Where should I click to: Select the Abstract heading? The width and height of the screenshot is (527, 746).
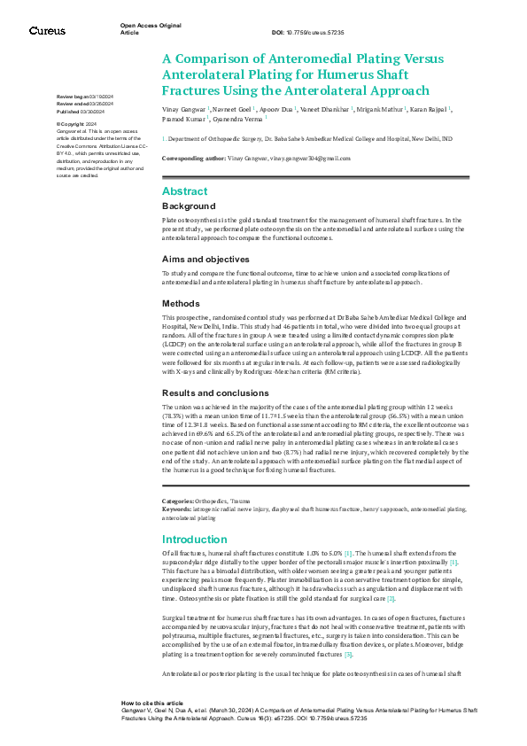(185, 191)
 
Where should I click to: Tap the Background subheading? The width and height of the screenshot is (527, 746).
(189, 206)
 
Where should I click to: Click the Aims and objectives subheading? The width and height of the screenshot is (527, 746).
(205, 259)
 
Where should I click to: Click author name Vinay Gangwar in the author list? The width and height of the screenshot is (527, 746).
(185, 108)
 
